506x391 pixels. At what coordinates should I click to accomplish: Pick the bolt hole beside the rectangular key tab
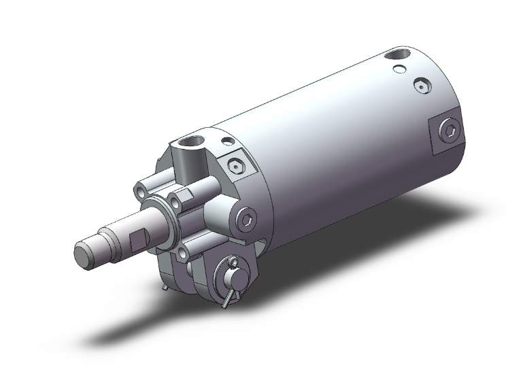pos(175,202)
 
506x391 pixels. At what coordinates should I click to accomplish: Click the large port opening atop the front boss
pos(190,144)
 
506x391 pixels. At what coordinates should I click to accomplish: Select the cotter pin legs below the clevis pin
pos(231,296)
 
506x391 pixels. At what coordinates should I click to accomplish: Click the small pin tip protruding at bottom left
pos(165,290)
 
